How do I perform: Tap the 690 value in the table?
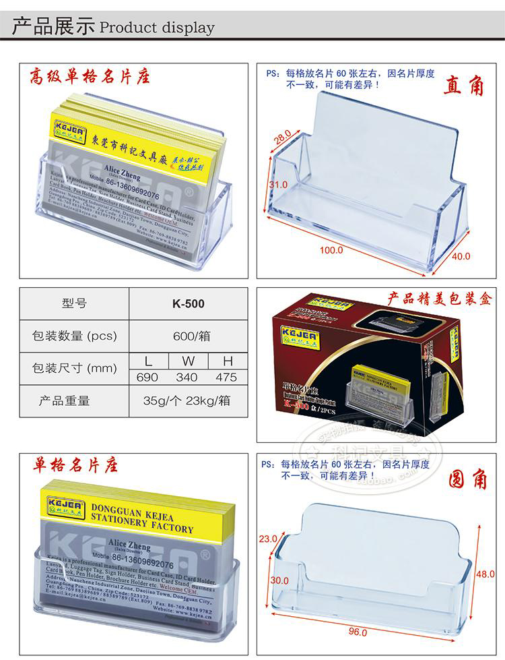(147, 378)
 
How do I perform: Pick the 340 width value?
(187, 378)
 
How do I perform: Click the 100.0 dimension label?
(331, 250)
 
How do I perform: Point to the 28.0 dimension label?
(282, 140)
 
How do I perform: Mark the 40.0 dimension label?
(461, 256)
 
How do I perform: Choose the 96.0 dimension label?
(358, 632)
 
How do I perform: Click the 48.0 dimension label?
(485, 574)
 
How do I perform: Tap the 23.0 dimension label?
(268, 539)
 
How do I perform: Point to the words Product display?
(156, 28)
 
